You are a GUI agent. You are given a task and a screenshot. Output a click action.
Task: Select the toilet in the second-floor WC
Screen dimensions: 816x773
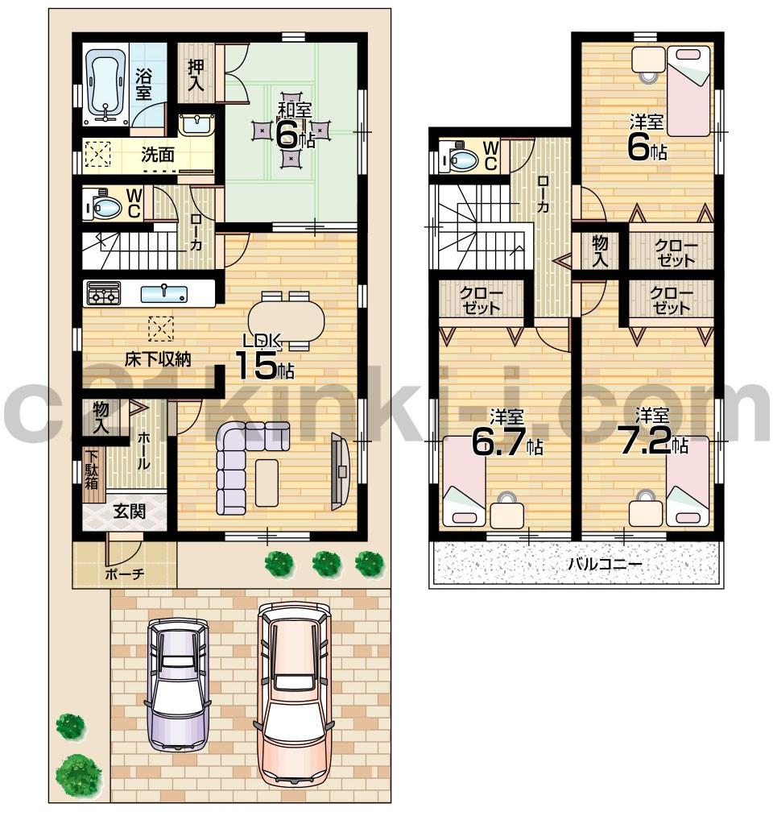[461, 159]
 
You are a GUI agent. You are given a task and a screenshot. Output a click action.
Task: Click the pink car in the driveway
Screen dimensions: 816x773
[293, 693]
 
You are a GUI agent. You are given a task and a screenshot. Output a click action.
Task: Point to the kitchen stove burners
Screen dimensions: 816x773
[102, 293]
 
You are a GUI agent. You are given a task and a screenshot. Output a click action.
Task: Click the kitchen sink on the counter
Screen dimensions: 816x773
[164, 293]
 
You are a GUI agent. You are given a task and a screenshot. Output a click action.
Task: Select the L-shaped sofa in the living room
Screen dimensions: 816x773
[234, 466]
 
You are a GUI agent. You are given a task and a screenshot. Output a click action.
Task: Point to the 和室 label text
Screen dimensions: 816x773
[295, 110]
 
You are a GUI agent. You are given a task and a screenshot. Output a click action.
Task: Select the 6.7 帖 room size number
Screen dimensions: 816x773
[499, 443]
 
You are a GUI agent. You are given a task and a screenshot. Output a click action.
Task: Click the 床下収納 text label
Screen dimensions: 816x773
[157, 359]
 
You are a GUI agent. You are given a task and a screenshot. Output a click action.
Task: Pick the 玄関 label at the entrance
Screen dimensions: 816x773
[129, 511]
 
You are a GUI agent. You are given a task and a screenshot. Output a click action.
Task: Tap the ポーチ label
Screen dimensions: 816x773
[124, 574]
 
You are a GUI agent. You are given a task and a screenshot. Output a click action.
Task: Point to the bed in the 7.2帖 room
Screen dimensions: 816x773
[687, 482]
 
